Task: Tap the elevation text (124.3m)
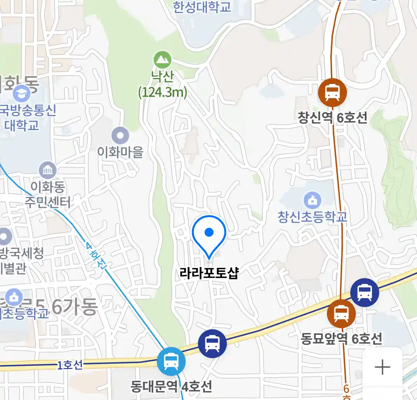[162, 92]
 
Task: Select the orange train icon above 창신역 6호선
[332, 93]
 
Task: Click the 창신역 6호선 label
[332, 118]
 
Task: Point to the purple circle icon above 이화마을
[120, 136]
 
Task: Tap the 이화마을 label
[120, 152]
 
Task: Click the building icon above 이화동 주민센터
[48, 171]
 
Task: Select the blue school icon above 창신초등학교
[313, 200]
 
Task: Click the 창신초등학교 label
[313, 217]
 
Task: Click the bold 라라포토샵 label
[209, 273]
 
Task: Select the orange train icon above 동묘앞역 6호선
[341, 314]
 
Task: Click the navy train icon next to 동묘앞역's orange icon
[365, 293]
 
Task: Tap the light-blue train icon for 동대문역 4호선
[171, 361]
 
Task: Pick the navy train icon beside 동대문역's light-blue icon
[212, 343]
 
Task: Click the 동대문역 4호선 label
[171, 386]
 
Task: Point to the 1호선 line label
[70, 365]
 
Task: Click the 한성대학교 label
[202, 7]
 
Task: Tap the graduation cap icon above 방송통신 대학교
[21, 93]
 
